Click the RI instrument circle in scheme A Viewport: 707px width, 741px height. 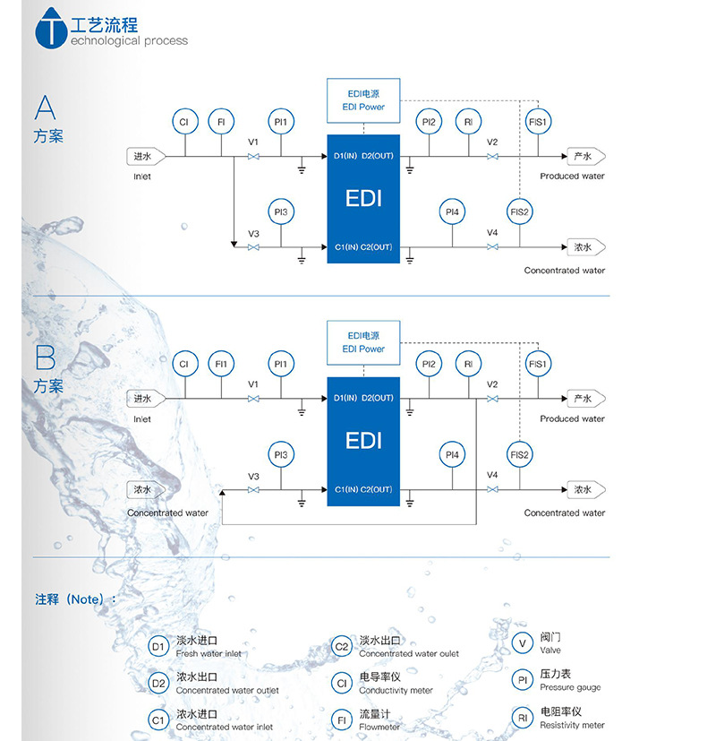tap(467, 122)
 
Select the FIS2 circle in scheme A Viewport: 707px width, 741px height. tap(520, 212)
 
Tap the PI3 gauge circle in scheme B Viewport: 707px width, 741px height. tap(281, 455)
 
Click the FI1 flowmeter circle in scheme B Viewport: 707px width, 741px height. tap(220, 365)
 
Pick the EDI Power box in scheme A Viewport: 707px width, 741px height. tap(363, 99)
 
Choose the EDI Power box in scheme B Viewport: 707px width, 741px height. tap(363, 342)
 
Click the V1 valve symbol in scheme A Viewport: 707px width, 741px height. tap(253, 158)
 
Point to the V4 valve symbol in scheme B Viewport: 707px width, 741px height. tap(492, 490)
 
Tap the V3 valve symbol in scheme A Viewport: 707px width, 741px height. tap(253, 247)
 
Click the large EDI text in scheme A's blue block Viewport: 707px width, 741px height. tap(363, 198)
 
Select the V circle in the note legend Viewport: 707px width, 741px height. tap(523, 643)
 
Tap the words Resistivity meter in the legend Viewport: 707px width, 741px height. tap(572, 725)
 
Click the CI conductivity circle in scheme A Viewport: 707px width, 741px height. tap(184, 122)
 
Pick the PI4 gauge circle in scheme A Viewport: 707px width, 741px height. tap(453, 212)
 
